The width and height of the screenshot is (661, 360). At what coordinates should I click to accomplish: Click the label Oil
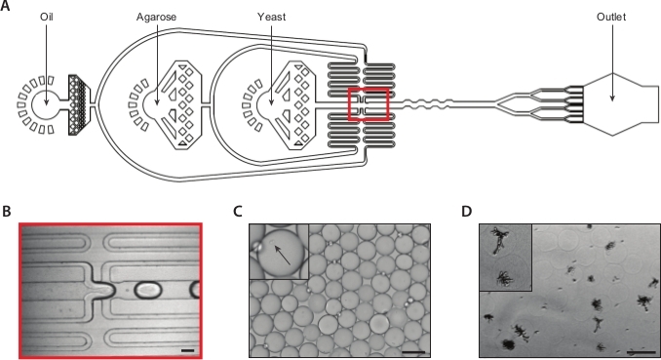47,17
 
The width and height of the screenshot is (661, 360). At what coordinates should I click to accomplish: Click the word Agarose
156,18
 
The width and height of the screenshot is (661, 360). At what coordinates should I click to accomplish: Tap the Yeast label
271,17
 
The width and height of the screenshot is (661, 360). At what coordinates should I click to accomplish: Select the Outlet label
611,17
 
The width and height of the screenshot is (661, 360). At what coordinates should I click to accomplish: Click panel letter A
5,6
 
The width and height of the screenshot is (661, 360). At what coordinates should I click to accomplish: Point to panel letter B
6,211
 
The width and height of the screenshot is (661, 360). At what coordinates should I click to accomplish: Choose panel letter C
238,211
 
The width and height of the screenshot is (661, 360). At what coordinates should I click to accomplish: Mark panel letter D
467,211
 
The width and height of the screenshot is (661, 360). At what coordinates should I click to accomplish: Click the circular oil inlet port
46,102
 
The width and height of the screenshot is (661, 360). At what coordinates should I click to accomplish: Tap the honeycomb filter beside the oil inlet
79,104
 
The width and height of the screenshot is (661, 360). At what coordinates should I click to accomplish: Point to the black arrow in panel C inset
282,255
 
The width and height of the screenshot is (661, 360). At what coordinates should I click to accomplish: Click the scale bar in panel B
187,350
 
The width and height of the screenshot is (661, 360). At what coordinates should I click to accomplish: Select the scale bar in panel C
413,351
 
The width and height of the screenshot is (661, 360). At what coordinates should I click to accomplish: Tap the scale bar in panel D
638,351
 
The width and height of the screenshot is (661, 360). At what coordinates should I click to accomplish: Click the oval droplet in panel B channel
148,290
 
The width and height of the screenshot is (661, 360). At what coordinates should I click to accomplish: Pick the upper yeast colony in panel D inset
500,238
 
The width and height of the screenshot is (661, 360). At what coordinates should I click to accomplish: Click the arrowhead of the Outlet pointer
612,98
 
